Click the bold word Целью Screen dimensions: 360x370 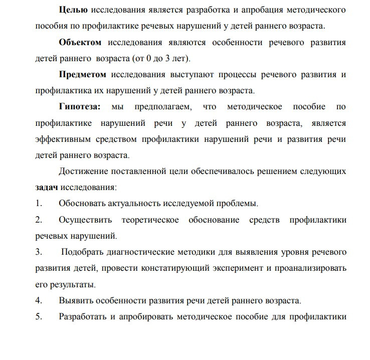pos(73,10)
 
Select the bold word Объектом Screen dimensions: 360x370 pos(80,43)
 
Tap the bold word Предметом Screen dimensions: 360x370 pos(82,75)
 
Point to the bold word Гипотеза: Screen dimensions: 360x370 pos(80,107)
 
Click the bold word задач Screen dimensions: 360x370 pos(47,188)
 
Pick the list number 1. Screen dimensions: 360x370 pos(38,204)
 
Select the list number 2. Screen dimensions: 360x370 pos(38,220)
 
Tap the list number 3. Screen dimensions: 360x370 pos(38,252)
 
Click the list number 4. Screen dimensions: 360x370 pos(38,300)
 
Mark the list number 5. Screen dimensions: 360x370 pos(38,316)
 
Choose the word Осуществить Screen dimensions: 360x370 pos(85,220)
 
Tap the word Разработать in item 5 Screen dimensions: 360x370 pos(83,316)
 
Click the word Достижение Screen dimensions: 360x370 pos(83,171)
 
